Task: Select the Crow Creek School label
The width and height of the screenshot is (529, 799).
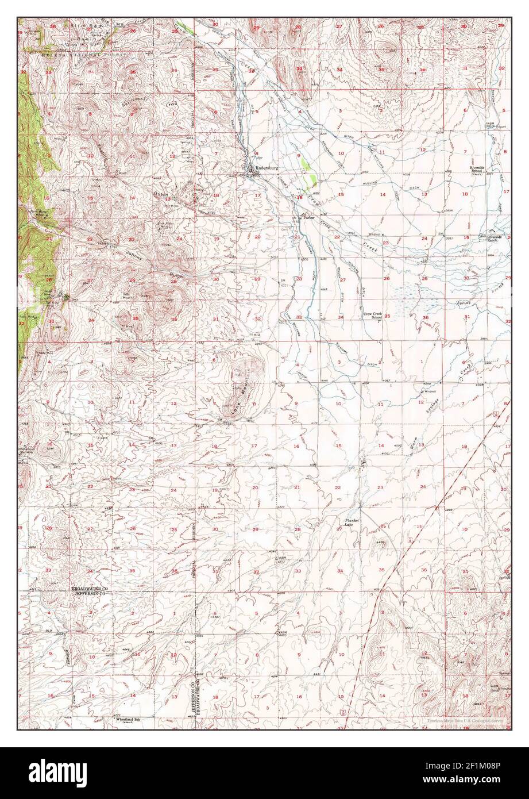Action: (x=373, y=316)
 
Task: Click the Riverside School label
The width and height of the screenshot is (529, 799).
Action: (x=479, y=170)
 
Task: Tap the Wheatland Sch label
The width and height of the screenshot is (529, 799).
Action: (x=129, y=719)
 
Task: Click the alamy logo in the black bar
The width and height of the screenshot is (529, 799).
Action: (x=57, y=770)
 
